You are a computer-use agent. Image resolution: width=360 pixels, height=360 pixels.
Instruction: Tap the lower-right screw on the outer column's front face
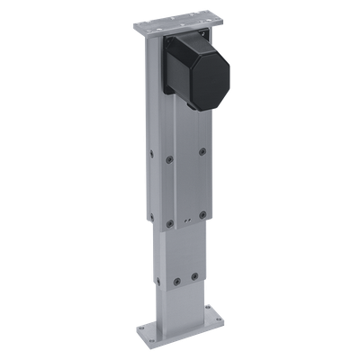[203, 215]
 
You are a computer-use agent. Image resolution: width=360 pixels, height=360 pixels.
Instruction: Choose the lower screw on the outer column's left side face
[149, 220]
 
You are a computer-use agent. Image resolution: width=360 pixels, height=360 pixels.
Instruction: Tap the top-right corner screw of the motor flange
[204, 33]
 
